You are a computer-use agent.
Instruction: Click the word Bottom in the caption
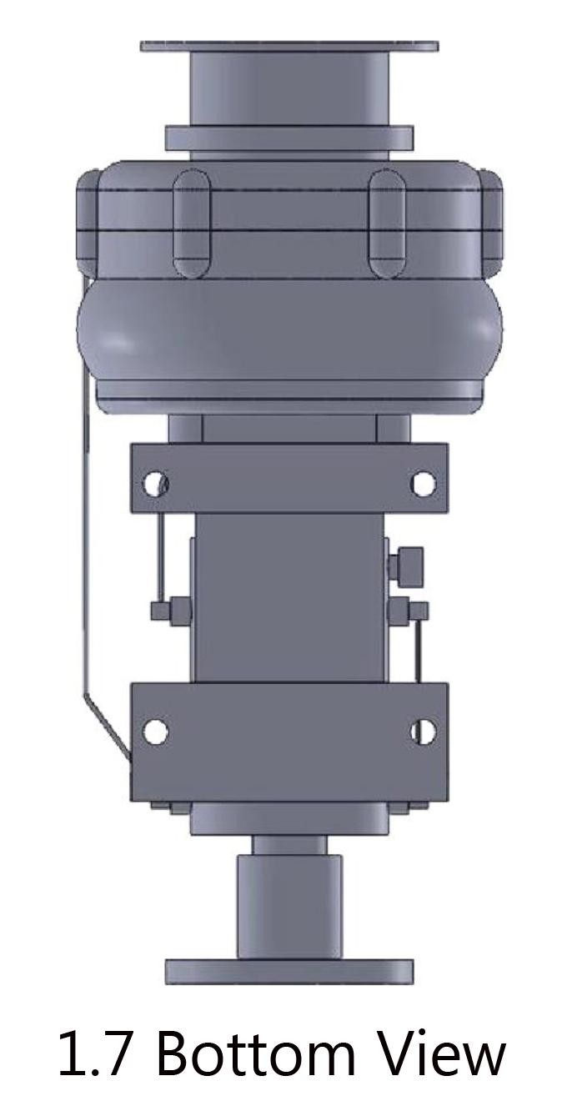[x=255, y=1049]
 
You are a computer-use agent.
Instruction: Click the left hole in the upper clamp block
[x=155, y=483]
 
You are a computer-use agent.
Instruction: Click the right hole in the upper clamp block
[x=422, y=483]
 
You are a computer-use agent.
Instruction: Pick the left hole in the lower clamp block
[x=155, y=731]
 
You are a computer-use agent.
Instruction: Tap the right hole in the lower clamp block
[x=422, y=731]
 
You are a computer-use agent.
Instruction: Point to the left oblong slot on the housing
[x=192, y=223]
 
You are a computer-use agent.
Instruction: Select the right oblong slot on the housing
[x=387, y=223]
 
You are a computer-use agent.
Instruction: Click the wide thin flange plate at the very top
[x=289, y=47]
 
